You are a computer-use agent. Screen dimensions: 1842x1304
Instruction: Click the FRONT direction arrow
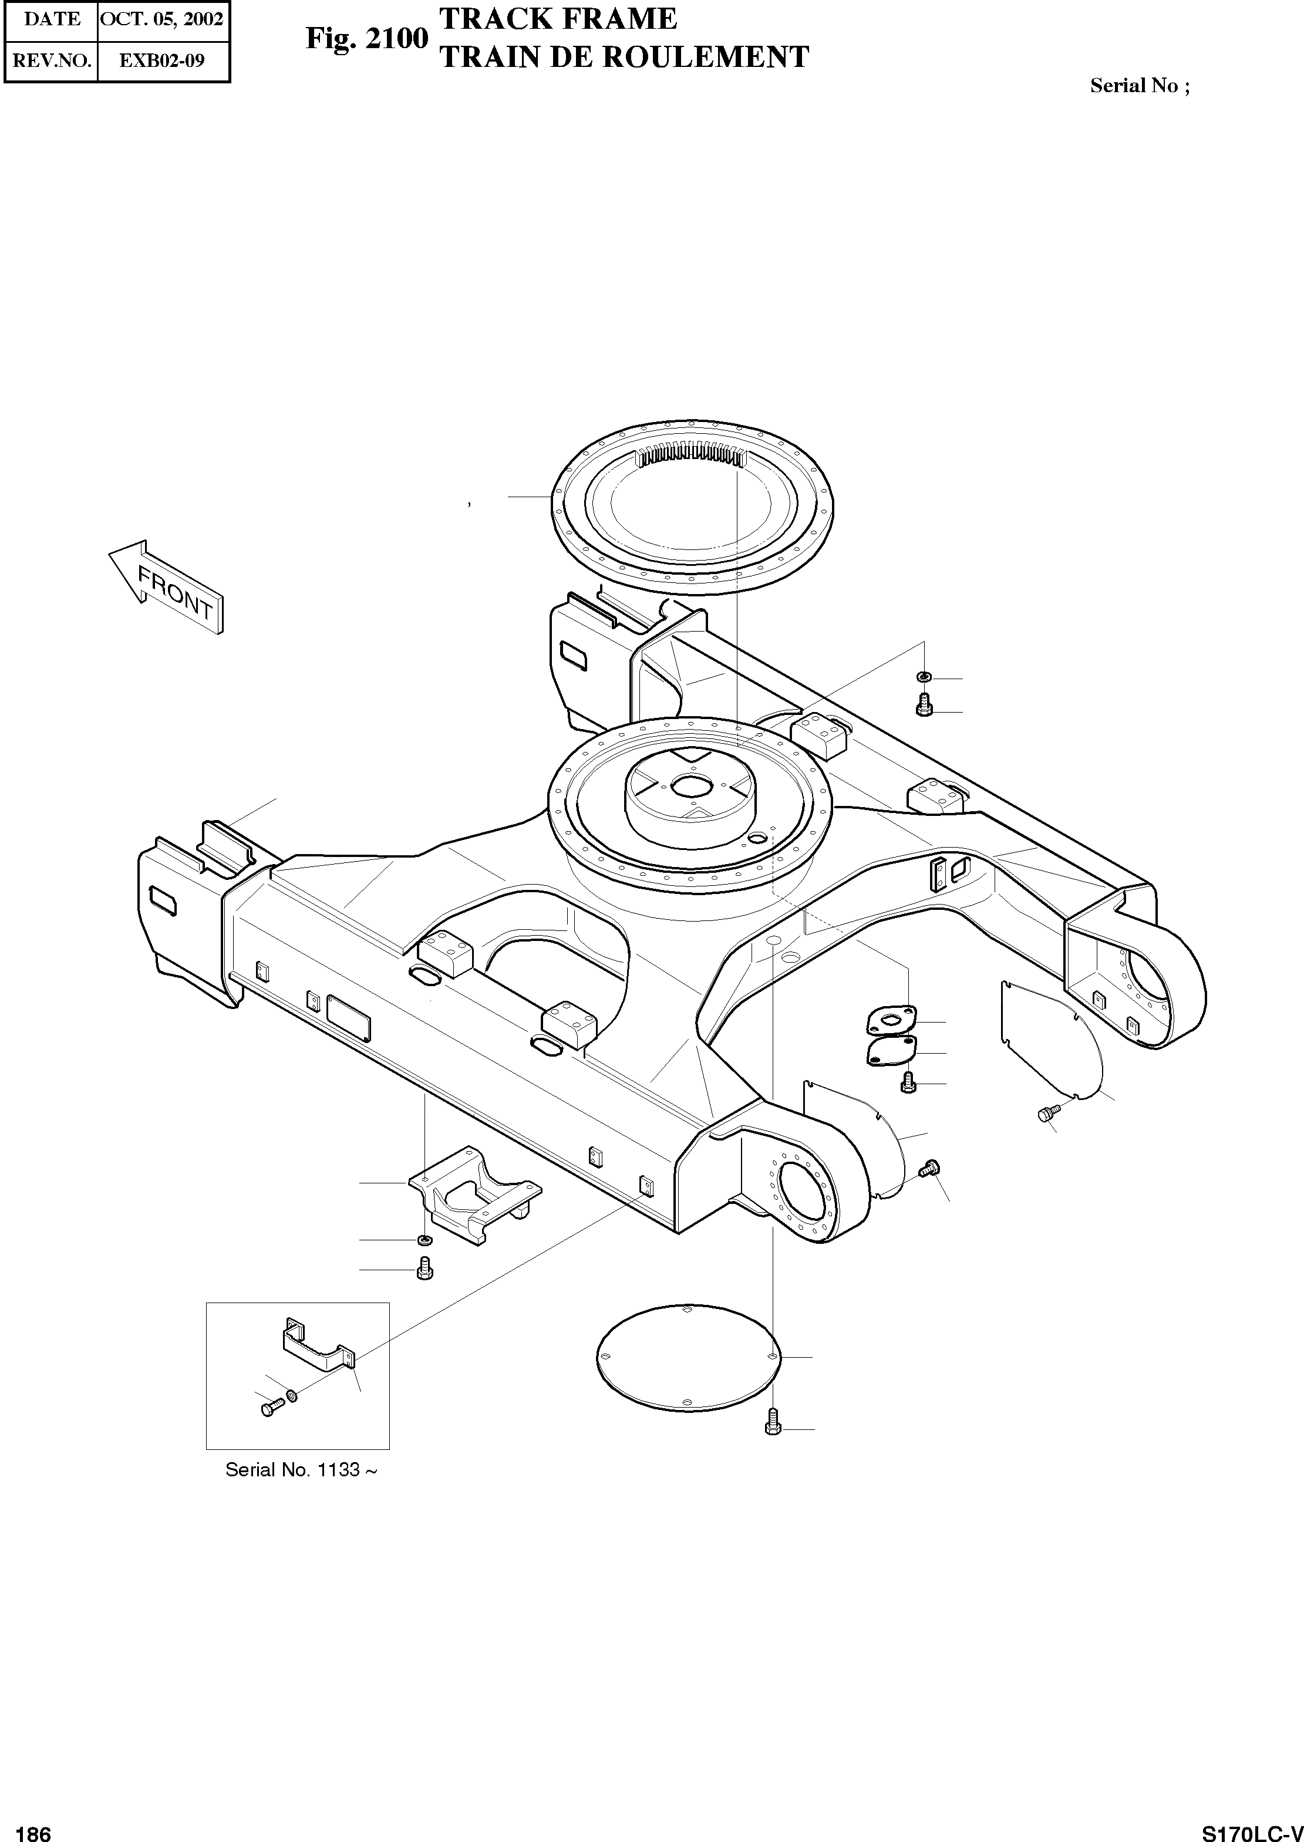click(166, 586)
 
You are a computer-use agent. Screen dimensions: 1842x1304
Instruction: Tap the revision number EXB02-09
click(162, 60)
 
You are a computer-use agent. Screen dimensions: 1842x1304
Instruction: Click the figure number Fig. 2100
click(366, 38)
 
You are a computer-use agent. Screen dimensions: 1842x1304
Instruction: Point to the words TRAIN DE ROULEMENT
click(625, 57)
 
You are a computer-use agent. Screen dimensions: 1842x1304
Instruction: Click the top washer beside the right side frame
click(924, 678)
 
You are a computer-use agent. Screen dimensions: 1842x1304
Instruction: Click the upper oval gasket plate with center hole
click(889, 1021)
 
